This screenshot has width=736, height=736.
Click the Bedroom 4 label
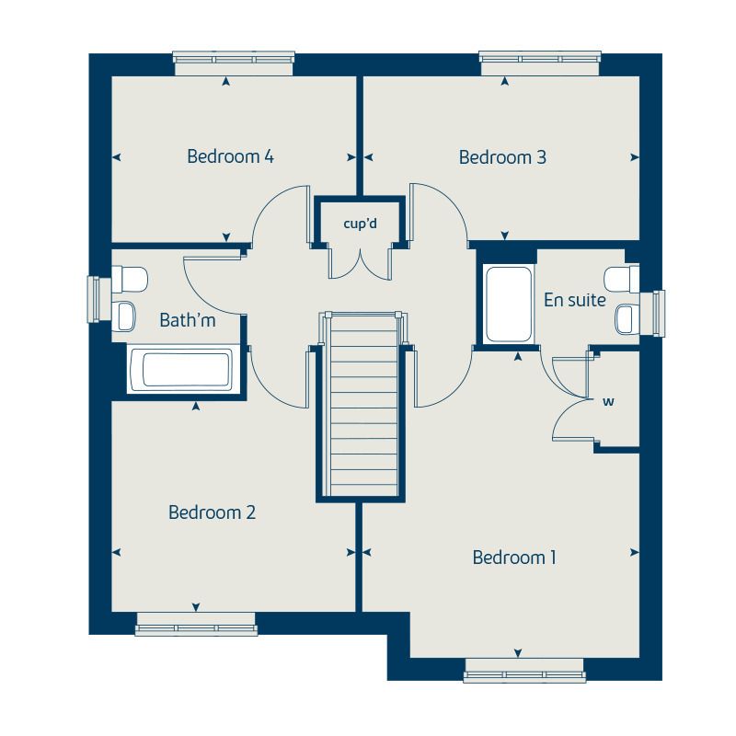(x=230, y=156)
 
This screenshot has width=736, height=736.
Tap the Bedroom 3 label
(x=502, y=157)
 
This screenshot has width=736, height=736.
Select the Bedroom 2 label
(x=212, y=512)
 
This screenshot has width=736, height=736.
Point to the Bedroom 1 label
(x=514, y=558)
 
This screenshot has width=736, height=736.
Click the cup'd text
(x=360, y=223)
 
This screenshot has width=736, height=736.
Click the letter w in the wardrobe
(x=607, y=401)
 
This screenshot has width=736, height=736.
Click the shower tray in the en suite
(x=508, y=305)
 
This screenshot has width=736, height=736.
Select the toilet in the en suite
(x=621, y=277)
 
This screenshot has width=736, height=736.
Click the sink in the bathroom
(x=125, y=316)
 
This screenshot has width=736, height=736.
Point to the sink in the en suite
(x=625, y=319)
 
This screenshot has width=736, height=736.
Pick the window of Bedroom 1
(x=524, y=671)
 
